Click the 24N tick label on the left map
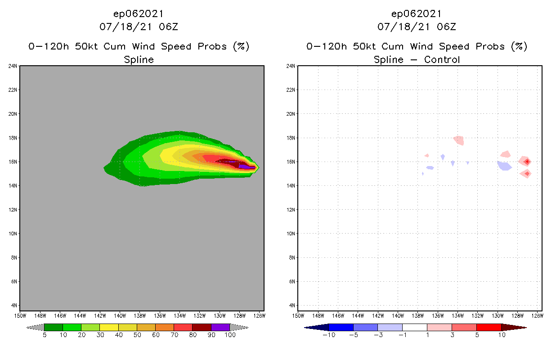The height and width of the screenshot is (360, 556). tap(13, 66)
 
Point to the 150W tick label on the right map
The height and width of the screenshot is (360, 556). tap(298, 315)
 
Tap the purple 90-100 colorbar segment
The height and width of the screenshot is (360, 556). tap(220, 327)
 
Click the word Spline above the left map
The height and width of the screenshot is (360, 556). tap(139, 59)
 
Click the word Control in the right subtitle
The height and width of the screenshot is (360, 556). tap(442, 59)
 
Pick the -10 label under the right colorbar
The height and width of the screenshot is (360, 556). tap(329, 335)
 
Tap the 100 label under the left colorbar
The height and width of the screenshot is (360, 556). tap(230, 335)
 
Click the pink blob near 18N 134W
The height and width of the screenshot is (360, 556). tap(459, 140)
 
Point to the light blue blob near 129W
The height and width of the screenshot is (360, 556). tap(505, 166)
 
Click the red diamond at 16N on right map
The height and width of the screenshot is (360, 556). tap(526, 162)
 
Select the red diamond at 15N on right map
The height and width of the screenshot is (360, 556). tap(526, 174)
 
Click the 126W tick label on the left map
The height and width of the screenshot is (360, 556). tap(259, 315)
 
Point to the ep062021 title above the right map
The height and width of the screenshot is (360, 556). tap(417, 13)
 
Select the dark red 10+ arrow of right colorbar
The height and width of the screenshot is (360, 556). tap(513, 327)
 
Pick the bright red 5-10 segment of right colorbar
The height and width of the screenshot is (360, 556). tap(489, 327)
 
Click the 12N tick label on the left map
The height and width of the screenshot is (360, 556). tap(13, 210)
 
